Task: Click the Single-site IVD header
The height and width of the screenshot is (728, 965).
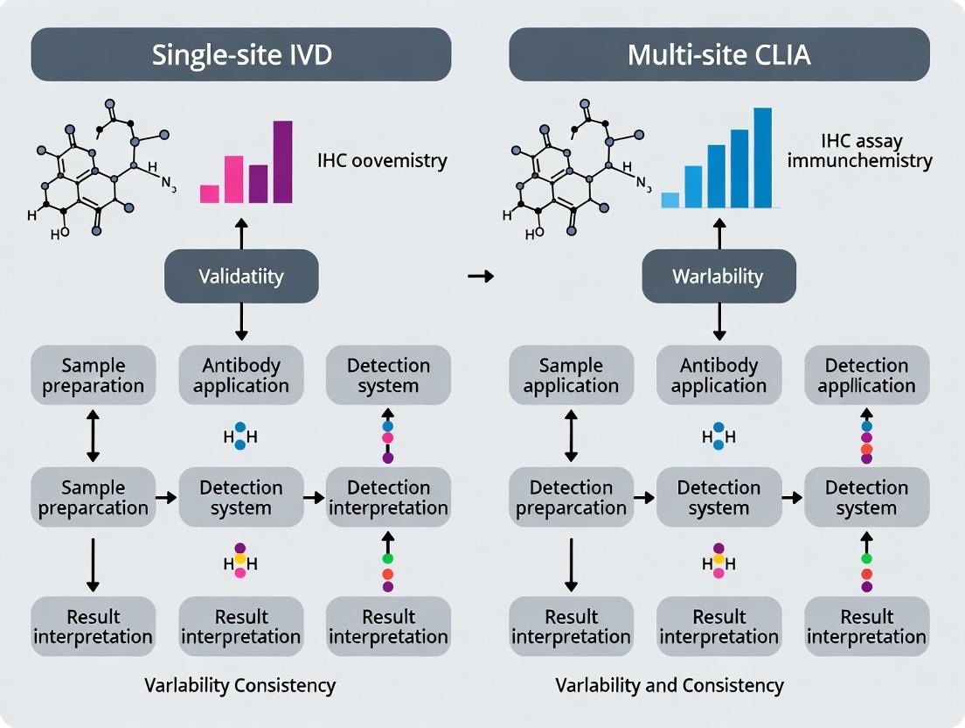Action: point(241,54)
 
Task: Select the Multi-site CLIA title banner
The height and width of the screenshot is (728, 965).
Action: point(719,54)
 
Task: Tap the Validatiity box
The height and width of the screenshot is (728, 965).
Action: point(241,276)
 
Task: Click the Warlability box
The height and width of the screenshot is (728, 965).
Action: point(719,276)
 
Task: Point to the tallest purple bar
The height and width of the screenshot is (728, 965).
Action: point(282,162)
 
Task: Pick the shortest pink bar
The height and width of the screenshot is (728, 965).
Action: point(209,193)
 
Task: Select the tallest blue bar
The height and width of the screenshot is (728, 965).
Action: point(762,157)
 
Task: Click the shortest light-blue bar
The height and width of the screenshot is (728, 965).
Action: point(670,199)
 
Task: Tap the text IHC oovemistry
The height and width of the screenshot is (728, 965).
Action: point(383,161)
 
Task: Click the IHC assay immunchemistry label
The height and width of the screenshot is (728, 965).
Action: point(876,150)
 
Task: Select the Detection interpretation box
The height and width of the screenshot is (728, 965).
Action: point(388,497)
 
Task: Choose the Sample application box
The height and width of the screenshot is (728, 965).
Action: point(571,375)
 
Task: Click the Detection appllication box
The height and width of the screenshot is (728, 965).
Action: point(866,375)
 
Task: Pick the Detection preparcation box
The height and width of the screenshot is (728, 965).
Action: point(571,497)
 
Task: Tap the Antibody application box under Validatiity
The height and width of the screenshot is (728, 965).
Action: point(241,375)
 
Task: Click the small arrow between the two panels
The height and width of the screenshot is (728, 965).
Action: point(481,276)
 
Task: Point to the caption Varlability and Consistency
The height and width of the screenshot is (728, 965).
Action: point(670,685)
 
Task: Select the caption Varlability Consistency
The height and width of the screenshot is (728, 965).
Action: point(240,685)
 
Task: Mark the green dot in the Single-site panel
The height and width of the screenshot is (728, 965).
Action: point(388,557)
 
